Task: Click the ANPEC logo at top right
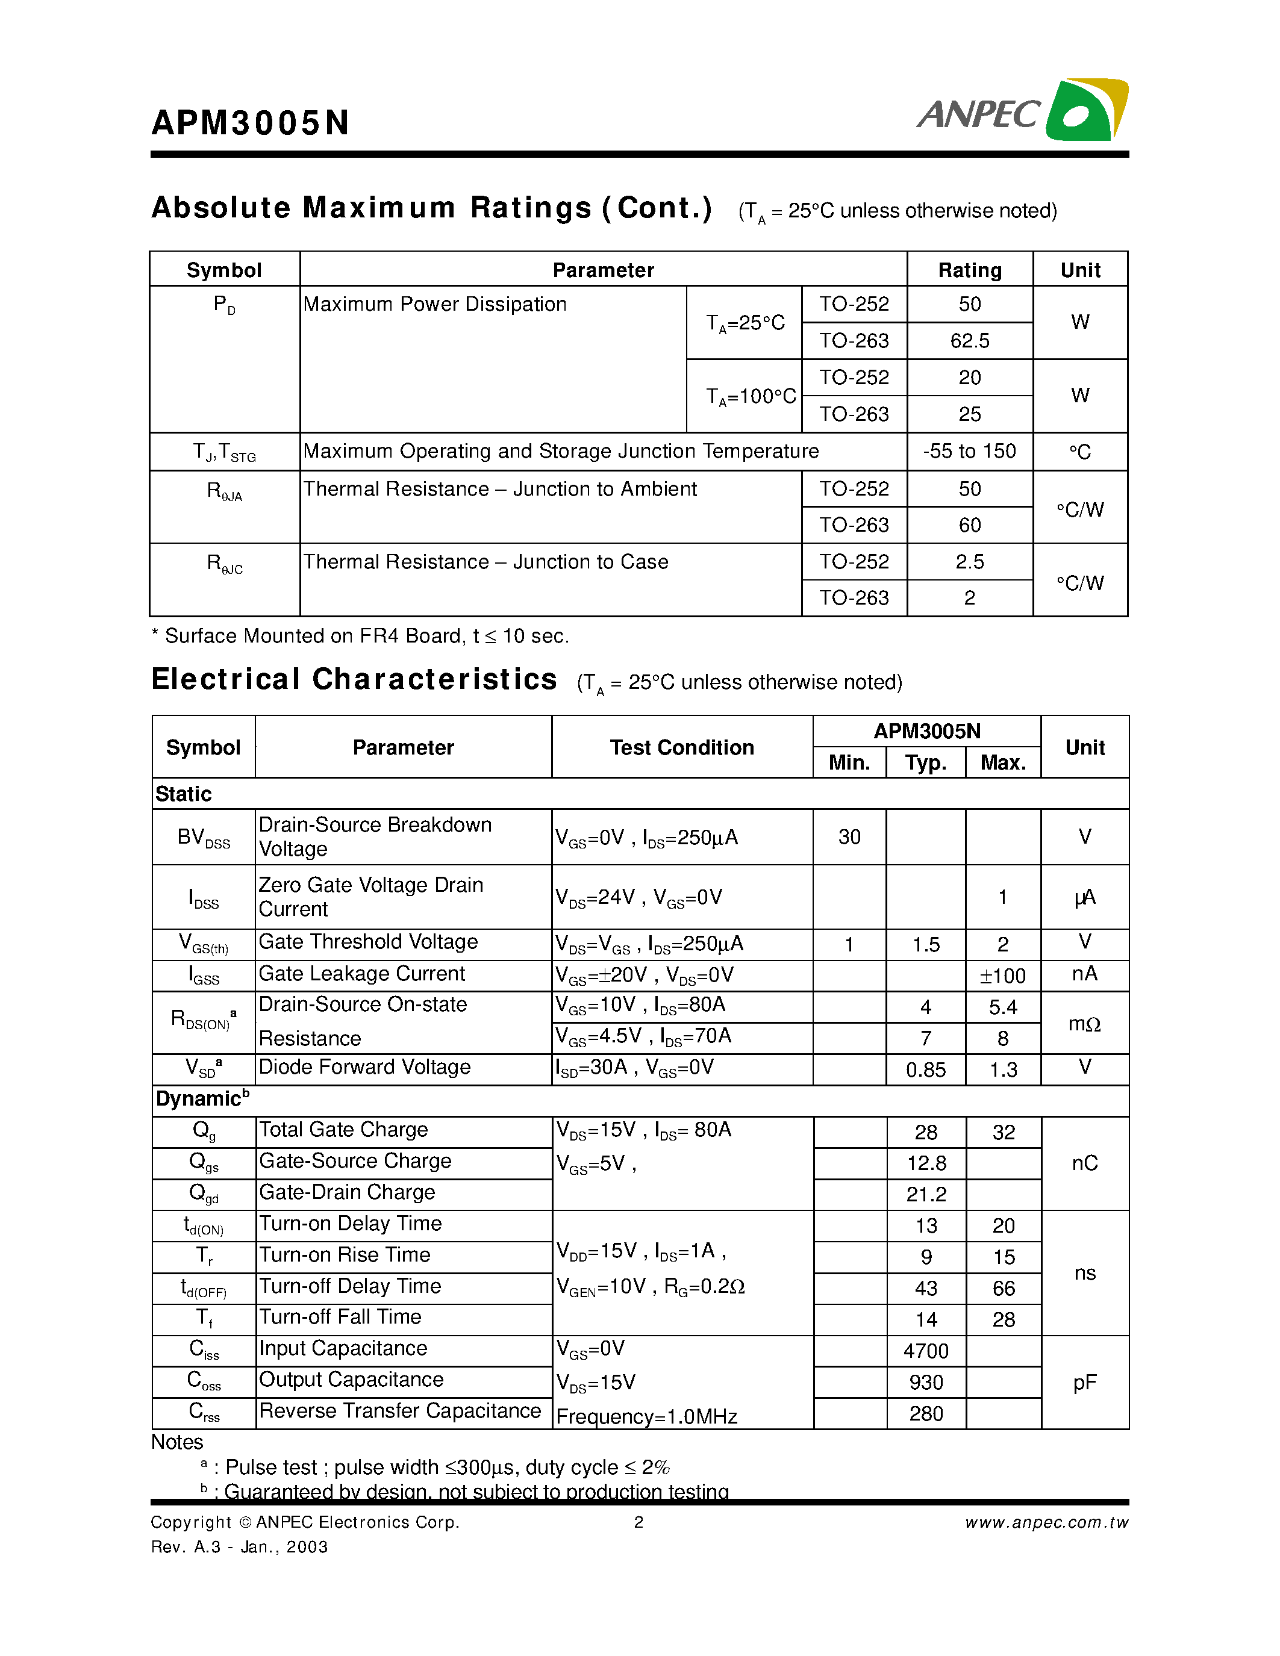(1022, 111)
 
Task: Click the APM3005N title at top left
(250, 123)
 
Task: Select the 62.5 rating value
(969, 340)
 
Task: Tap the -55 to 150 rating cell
(969, 451)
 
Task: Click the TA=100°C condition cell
(751, 396)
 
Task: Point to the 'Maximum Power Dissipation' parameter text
(434, 304)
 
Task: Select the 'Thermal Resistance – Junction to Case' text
(485, 562)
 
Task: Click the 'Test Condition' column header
(682, 748)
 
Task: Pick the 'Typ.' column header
(925, 763)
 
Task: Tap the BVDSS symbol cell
(203, 837)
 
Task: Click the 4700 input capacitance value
(925, 1351)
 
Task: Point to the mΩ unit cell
(1084, 1024)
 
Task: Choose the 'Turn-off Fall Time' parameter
(340, 1317)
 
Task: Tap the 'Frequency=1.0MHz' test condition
(646, 1416)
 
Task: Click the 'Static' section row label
(184, 794)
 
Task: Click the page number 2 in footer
(638, 1522)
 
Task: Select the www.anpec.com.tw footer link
(1046, 1522)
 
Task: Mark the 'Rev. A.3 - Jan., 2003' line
(240, 1547)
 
